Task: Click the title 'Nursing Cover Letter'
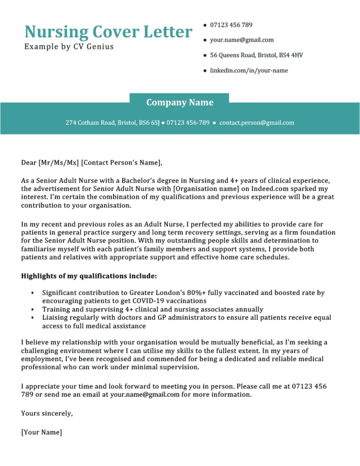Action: [108, 32]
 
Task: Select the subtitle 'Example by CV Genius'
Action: [69, 47]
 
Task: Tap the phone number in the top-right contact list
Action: [231, 24]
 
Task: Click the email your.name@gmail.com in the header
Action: [241, 40]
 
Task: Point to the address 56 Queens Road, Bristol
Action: [256, 55]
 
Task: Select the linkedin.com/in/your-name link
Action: [248, 70]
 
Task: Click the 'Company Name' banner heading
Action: [180, 102]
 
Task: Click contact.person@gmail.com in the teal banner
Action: [256, 123]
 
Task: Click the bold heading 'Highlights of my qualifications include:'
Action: [89, 276]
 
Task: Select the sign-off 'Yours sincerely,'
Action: [47, 413]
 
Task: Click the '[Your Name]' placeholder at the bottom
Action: [42, 432]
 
